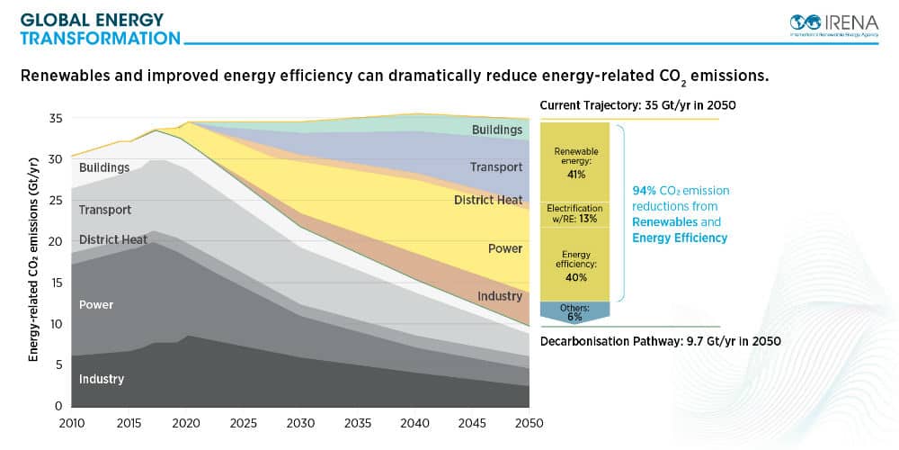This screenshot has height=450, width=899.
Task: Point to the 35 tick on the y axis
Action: click(x=56, y=119)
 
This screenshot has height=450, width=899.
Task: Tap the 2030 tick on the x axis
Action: click(x=298, y=423)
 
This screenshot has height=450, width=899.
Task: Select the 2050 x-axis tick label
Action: click(x=527, y=423)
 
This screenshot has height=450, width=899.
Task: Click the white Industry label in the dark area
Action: click(x=101, y=379)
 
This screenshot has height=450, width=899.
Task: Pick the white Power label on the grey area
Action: click(x=96, y=304)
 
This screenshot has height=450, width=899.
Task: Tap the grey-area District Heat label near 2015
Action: click(x=112, y=240)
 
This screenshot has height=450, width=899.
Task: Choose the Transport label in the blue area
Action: click(x=495, y=167)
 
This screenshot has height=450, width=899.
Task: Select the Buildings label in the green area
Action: click(x=497, y=130)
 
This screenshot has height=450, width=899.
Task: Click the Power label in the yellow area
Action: click(x=504, y=248)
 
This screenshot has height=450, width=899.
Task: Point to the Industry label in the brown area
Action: click(x=500, y=296)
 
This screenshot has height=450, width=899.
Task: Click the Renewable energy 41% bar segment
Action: click(x=576, y=163)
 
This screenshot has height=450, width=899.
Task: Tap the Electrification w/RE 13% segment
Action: click(x=576, y=213)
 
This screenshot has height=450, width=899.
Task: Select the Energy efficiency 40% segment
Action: click(x=576, y=265)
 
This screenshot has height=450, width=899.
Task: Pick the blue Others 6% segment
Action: click(x=576, y=311)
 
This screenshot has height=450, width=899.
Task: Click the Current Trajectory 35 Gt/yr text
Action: click(x=637, y=105)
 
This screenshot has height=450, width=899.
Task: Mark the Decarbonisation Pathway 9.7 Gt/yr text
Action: click(x=660, y=342)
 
